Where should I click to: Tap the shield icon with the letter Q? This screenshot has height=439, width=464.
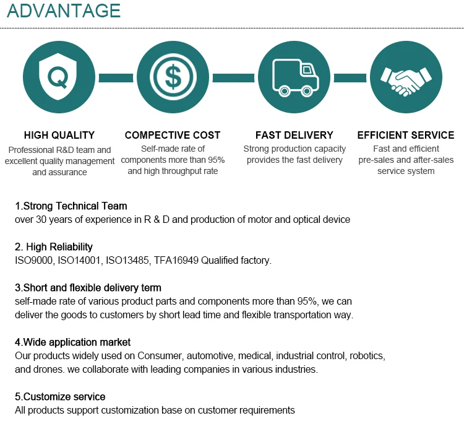tap(59, 77)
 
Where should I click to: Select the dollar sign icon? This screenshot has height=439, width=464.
tap(173, 77)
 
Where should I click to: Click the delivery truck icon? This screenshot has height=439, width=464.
tap(294, 77)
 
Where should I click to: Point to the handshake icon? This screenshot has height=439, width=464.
tap(406, 78)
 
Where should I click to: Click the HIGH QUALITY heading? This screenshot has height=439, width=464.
tap(59, 135)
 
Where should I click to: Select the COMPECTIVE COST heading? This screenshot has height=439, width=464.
tap(173, 135)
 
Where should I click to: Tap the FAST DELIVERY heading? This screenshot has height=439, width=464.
tap(294, 135)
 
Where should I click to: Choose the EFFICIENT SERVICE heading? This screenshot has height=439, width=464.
tap(406, 135)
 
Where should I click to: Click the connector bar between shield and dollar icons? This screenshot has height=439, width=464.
tap(116, 77)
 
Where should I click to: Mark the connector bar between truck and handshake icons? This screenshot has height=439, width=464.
tap(350, 77)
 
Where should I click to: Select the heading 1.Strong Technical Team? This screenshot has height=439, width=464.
tap(71, 206)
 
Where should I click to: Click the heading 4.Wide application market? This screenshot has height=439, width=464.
tap(72, 342)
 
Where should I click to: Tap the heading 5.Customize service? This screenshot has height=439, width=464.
tap(60, 397)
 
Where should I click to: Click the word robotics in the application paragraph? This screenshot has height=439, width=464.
tap(367, 356)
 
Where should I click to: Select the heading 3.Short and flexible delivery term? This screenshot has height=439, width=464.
tap(88, 288)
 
